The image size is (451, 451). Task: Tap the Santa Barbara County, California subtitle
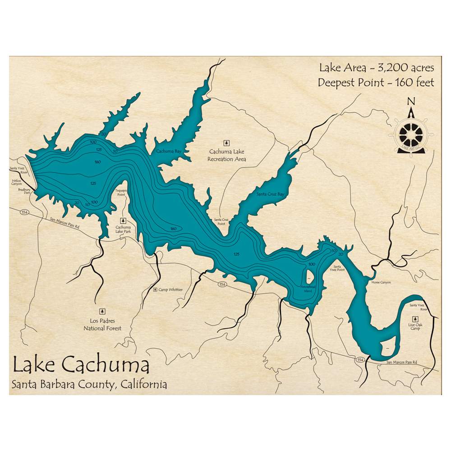89,384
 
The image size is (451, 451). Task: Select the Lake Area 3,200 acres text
376,68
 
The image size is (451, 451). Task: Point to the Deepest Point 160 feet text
376,83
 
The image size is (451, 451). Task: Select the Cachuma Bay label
168,151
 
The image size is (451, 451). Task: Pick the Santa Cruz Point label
221,221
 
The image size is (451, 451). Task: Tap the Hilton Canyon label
16,181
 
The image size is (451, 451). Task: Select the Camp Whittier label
170,290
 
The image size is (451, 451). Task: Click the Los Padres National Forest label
102,325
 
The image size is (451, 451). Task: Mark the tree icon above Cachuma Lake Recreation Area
227,142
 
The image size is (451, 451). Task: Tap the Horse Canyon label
381,282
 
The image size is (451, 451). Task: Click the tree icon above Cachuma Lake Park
123,221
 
